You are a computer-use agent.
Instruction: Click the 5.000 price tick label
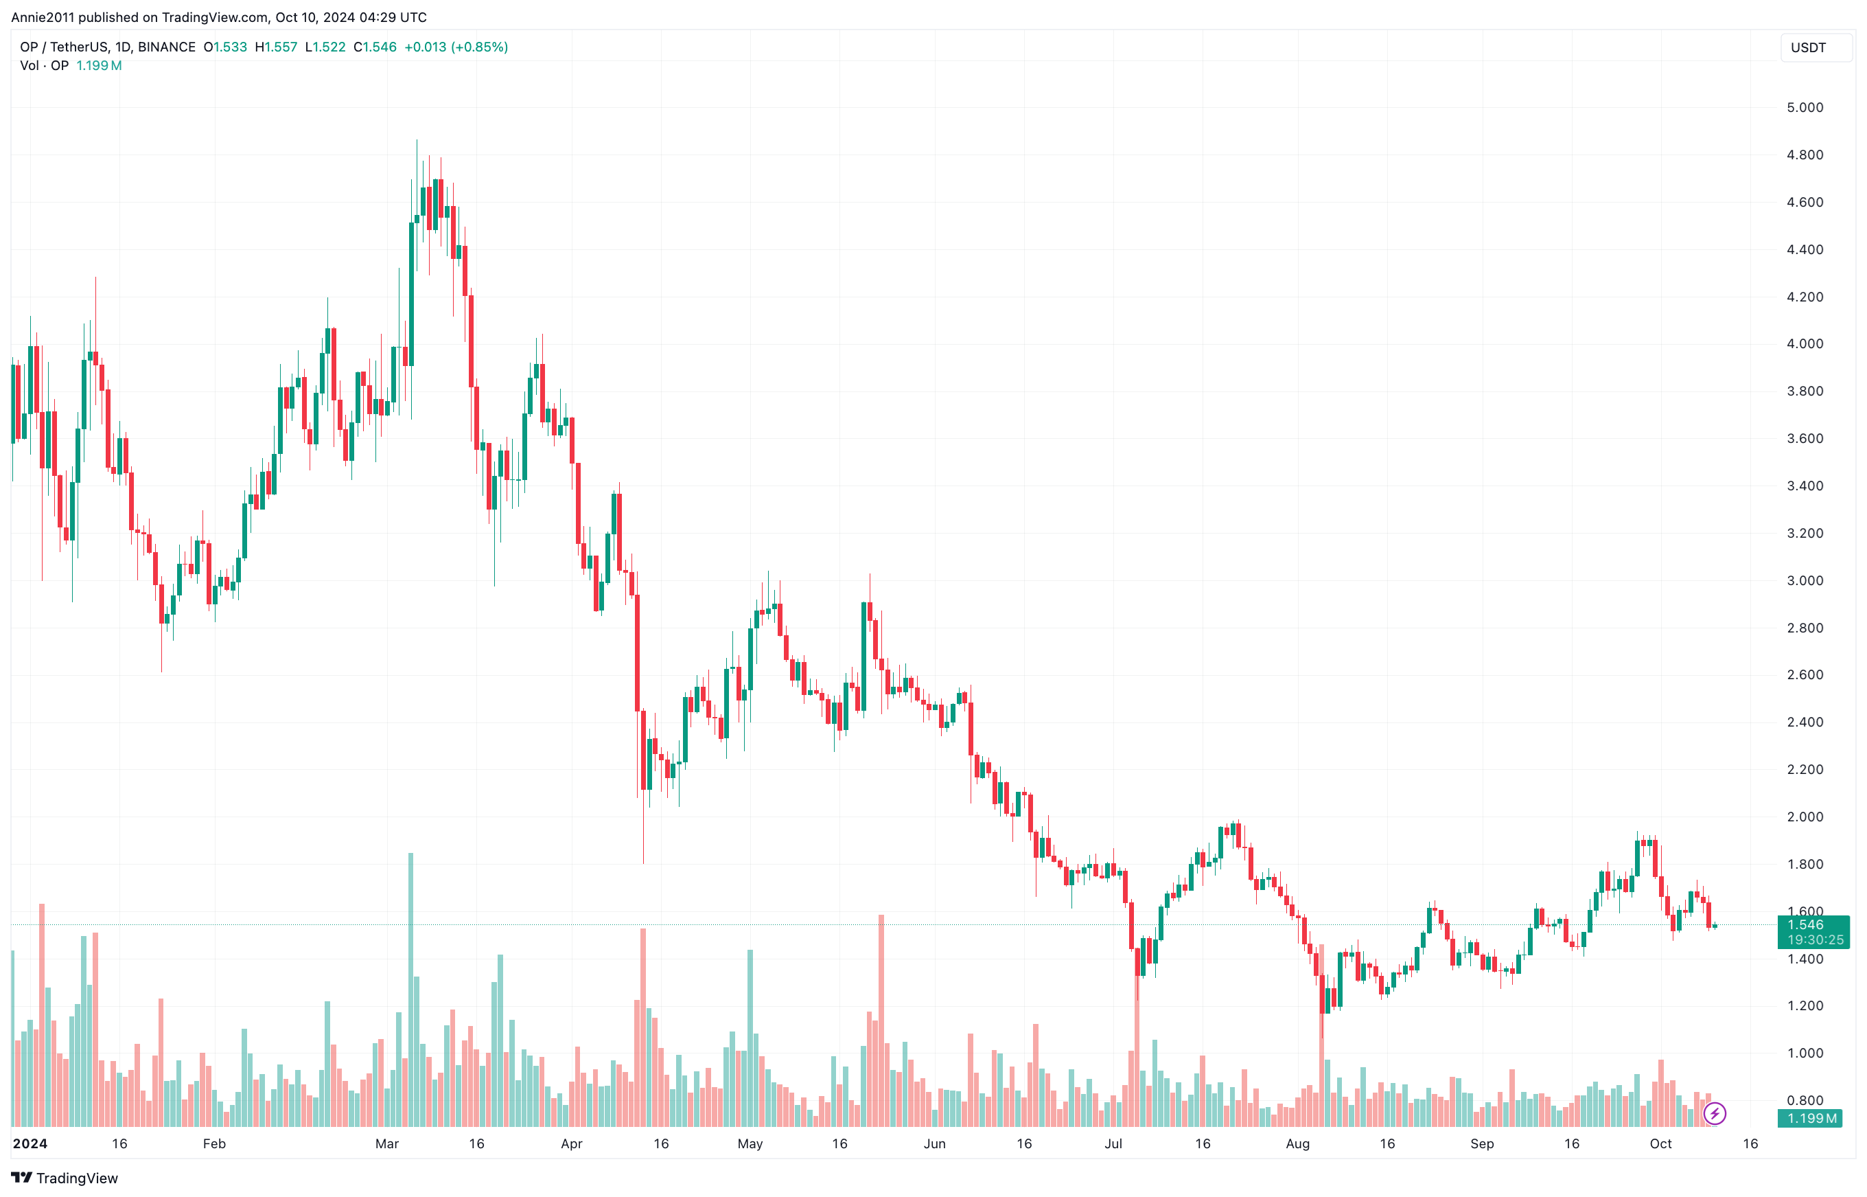1804,107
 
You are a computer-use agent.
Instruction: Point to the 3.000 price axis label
1804,580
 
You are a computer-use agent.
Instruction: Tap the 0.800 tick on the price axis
1804,1100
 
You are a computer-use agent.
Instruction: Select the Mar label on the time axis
386,1143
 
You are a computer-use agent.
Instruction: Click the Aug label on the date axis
1297,1143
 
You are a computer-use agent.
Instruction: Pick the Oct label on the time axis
1660,1143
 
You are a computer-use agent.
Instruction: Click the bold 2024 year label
30,1143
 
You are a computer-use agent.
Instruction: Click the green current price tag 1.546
1805,924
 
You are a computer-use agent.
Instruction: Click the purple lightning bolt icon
1714,1114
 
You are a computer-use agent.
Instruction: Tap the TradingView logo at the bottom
65,1178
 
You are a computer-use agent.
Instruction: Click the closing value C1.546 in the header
375,47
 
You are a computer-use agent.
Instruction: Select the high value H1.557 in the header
277,47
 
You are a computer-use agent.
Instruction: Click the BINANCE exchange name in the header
166,47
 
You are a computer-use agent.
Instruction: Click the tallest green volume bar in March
410,987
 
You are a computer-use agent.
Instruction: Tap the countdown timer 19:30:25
1814,939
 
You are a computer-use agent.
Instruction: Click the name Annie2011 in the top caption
43,17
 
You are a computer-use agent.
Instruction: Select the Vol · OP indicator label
45,65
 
